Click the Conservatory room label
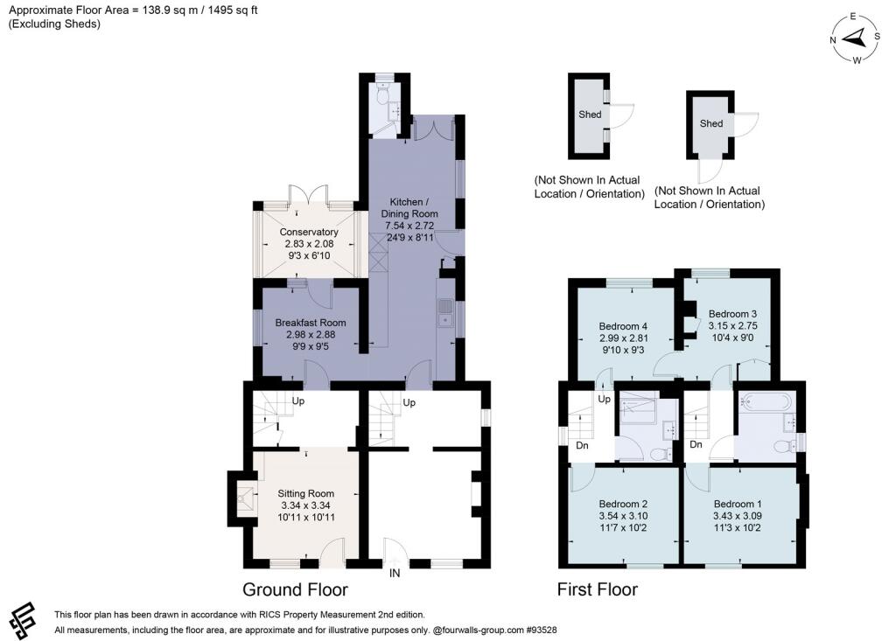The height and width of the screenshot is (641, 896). click(x=309, y=232)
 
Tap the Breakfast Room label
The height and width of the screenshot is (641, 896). click(x=311, y=323)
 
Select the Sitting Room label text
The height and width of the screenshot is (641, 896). click(x=305, y=493)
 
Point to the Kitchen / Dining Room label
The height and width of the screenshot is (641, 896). click(x=409, y=207)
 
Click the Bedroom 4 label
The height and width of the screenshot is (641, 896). click(x=623, y=326)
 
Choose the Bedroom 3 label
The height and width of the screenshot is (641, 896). click(x=732, y=314)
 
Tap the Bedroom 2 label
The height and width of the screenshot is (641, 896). click(x=623, y=504)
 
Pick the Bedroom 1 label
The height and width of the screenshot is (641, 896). click(x=737, y=504)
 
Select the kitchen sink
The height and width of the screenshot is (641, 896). click(x=444, y=314)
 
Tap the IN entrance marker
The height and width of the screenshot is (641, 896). click(x=395, y=573)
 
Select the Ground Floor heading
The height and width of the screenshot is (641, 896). click(x=295, y=589)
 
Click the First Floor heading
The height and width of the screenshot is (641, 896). click(x=597, y=589)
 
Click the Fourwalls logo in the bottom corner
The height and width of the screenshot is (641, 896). click(x=23, y=621)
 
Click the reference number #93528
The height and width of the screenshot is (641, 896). click(x=541, y=631)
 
